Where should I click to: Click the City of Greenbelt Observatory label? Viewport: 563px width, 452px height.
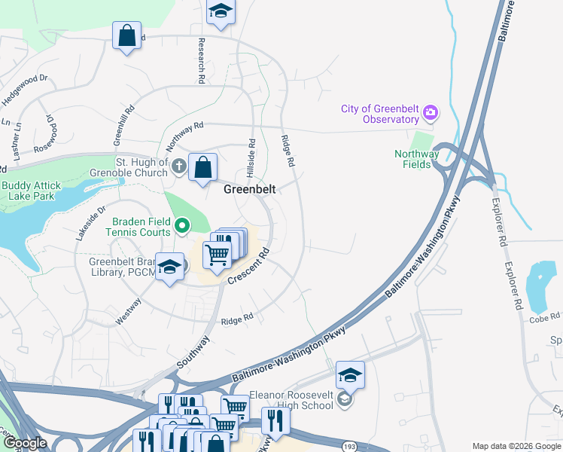coord(379,114)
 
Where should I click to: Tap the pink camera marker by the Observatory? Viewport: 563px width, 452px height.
coord(431,113)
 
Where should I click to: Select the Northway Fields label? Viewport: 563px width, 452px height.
coord(416,159)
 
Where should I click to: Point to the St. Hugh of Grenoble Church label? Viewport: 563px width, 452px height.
coord(142,166)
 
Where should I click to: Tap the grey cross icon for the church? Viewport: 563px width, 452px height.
coord(178,166)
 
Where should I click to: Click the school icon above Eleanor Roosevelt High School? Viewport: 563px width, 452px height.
coord(350,374)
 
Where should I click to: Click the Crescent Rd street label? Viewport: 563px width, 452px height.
coord(249,268)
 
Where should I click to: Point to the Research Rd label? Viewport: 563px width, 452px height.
coord(202,61)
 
